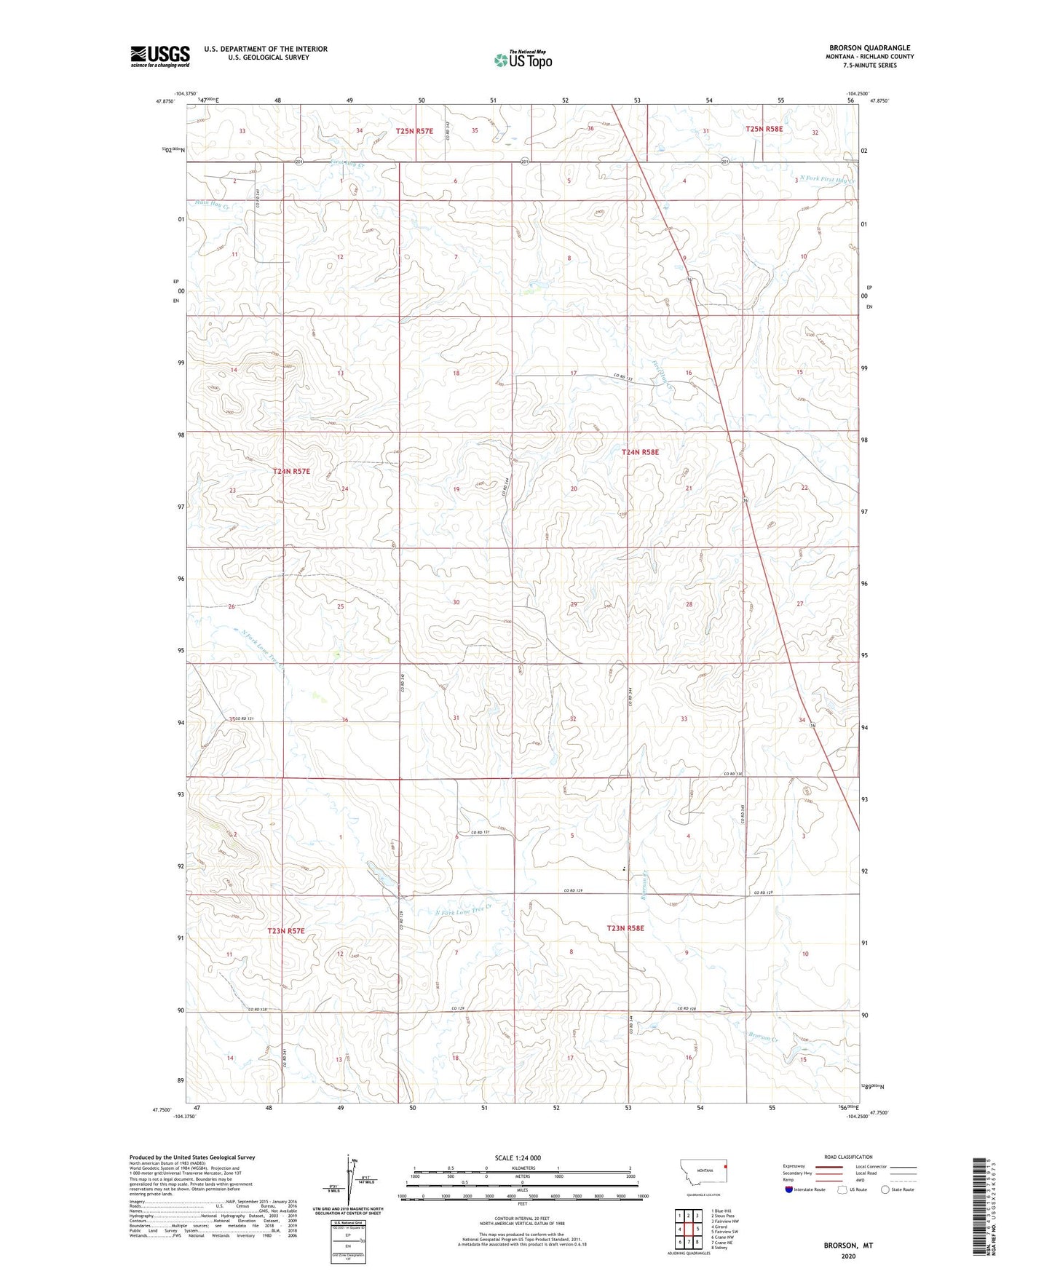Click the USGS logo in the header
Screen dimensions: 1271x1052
(160, 56)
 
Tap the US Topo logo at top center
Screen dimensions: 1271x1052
(523, 60)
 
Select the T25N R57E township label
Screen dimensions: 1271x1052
(414, 131)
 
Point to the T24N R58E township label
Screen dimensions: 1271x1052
(640, 452)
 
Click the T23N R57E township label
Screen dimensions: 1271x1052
(285, 931)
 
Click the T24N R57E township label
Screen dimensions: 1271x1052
(291, 472)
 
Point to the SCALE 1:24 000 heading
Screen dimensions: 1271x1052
(517, 1157)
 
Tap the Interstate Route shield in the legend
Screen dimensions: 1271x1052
(789, 1210)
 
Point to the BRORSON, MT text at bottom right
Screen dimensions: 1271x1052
(847, 1246)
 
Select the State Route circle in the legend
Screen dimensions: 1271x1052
(885, 1210)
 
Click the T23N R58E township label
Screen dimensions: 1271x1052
(625, 928)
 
